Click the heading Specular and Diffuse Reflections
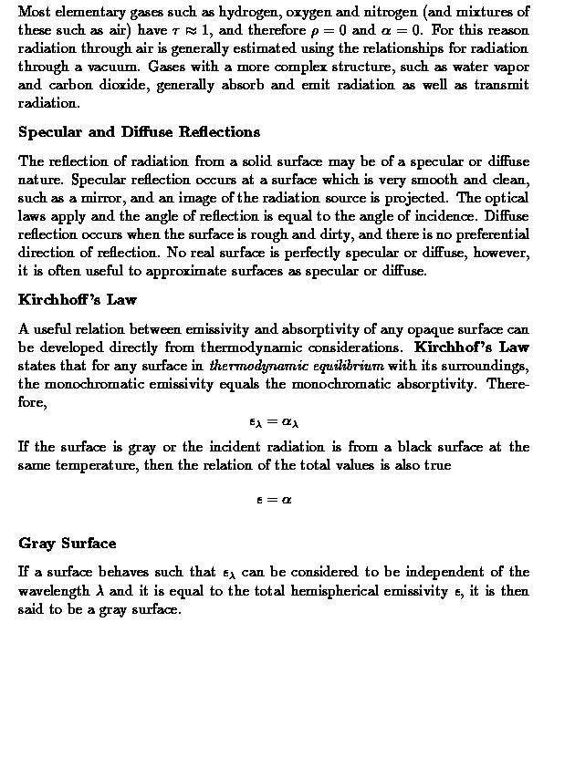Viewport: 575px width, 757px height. [x=139, y=132]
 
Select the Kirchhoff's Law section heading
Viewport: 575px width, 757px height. [x=78, y=299]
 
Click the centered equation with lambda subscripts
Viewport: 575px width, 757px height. [x=274, y=422]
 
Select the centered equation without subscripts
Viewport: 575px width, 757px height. [x=274, y=500]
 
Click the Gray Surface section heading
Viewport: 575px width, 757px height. [x=68, y=544]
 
